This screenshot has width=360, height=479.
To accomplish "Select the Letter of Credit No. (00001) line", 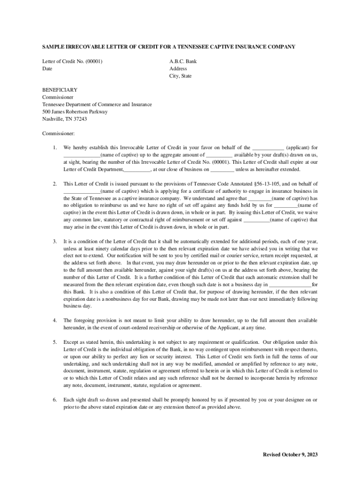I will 72,61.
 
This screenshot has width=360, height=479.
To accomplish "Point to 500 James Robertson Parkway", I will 75,112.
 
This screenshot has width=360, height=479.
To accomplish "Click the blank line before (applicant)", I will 268,148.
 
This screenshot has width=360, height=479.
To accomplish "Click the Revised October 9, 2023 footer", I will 290,455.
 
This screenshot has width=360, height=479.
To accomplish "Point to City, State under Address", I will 180,76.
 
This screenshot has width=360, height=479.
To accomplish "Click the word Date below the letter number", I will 47,69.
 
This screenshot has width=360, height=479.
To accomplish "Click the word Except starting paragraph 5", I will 71,342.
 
